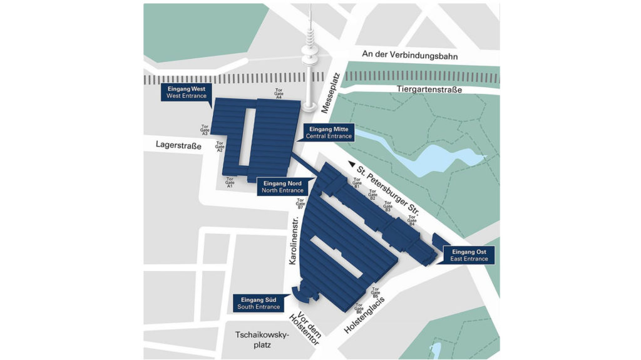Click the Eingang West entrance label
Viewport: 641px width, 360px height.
point(187,92)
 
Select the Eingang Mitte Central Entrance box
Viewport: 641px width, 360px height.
point(329,133)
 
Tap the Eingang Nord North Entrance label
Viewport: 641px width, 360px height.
point(282,187)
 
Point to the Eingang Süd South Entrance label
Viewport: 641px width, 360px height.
point(257,303)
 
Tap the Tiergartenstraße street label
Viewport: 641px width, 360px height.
point(429,90)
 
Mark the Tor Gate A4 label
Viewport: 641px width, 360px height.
point(279,94)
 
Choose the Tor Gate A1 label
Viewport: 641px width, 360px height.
point(230,182)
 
